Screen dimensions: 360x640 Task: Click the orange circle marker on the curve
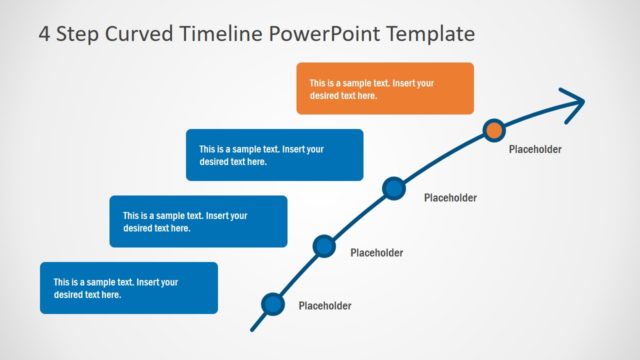pyautogui.click(x=493, y=129)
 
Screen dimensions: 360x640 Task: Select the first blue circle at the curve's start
pyautogui.click(x=272, y=304)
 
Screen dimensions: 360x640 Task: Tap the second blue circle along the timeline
pyautogui.click(x=324, y=246)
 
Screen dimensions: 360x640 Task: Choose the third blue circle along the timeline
pyautogui.click(x=394, y=187)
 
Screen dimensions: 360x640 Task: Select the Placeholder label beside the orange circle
pyautogui.click(x=535, y=150)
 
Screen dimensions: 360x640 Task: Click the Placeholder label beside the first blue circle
pyautogui.click(x=325, y=306)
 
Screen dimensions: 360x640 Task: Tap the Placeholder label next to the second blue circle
pyautogui.click(x=376, y=253)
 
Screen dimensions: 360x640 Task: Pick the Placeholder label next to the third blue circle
pyautogui.click(x=450, y=198)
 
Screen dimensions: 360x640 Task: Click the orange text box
pyautogui.click(x=385, y=88)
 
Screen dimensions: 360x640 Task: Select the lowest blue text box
pyautogui.click(x=129, y=288)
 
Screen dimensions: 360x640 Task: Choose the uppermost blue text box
pyautogui.click(x=274, y=155)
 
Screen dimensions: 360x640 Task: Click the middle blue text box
pyautogui.click(x=198, y=221)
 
